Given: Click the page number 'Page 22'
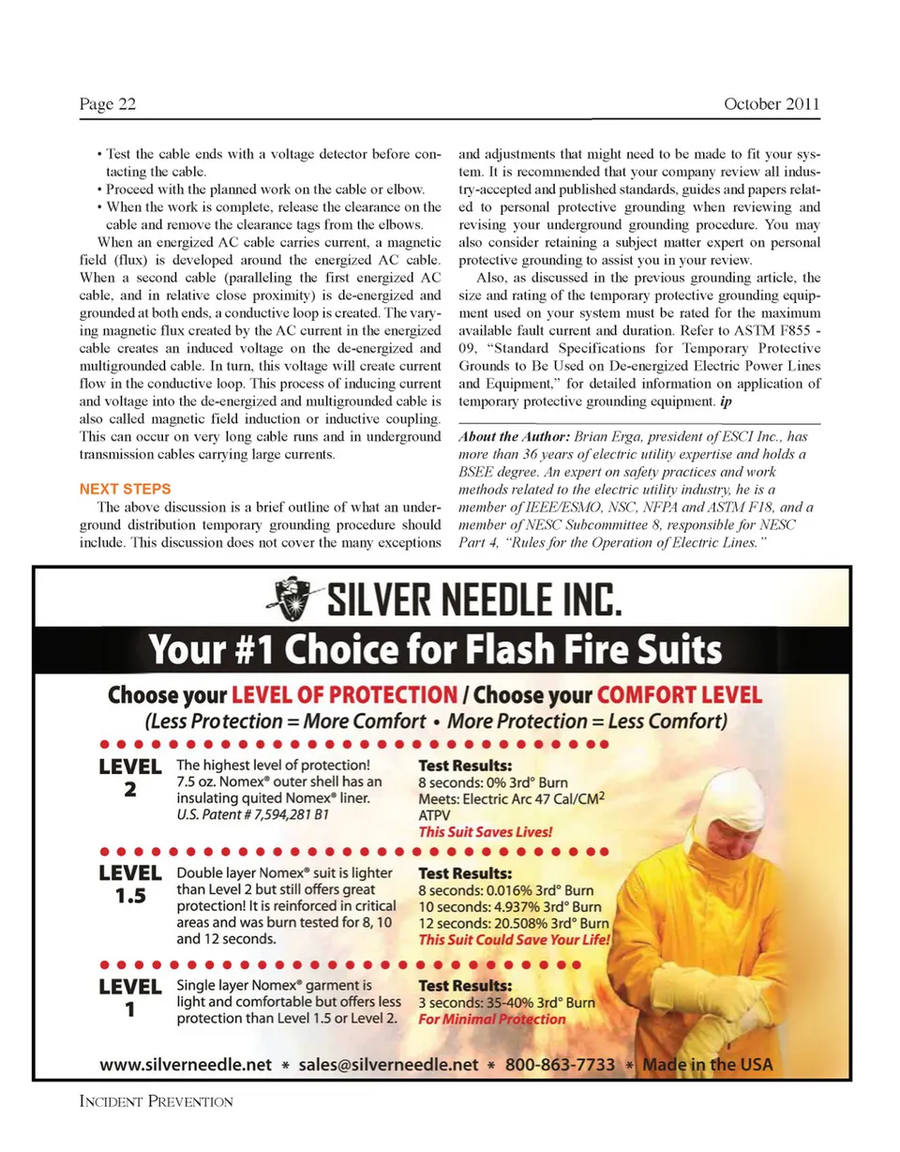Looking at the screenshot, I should point(108,104).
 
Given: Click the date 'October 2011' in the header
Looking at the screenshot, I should point(772,104).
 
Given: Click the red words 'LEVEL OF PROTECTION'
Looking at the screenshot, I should point(344,696).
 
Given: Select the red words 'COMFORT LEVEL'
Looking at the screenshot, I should point(680,696).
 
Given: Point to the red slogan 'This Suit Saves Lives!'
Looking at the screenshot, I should point(485,832).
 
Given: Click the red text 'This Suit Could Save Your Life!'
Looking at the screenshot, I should point(514,940).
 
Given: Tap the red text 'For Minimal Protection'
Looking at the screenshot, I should point(491,1020).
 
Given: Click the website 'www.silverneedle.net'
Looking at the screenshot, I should point(186,1066).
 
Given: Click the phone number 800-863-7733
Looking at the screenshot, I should point(561,1066).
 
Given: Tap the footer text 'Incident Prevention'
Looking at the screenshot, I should point(156,1100).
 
